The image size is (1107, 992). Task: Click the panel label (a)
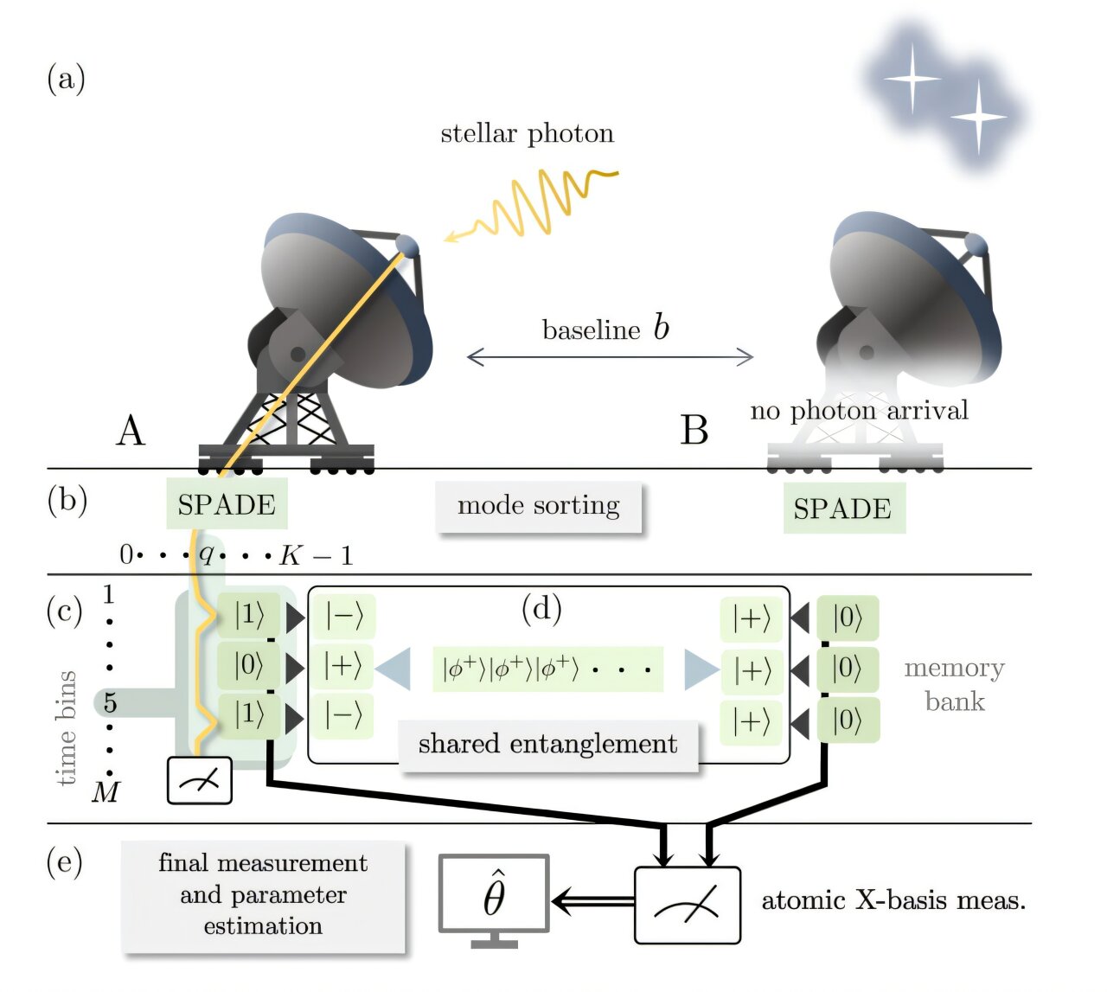[x=66, y=79]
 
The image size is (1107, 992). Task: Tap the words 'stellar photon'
[x=527, y=133]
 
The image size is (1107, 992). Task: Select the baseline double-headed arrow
[x=610, y=355]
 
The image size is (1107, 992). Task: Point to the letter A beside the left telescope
[x=131, y=430]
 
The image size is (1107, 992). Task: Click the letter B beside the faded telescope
[x=694, y=430]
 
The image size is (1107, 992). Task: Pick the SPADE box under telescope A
[x=227, y=504]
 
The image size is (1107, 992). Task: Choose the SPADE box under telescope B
[x=843, y=509]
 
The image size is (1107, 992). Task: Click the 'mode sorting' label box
[x=538, y=506]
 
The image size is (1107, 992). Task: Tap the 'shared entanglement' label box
[x=547, y=744]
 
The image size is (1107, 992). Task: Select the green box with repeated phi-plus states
[x=547, y=669]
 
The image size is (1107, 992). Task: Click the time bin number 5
[x=110, y=702]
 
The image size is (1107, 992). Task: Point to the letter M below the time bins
[x=106, y=791]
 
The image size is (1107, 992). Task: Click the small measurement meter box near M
[x=199, y=780]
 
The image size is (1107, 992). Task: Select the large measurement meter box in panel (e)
[x=688, y=905]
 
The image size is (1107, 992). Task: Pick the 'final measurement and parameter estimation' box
[x=263, y=895]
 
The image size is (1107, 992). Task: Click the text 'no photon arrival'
[x=859, y=410]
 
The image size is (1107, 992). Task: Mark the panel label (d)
[x=541, y=609]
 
